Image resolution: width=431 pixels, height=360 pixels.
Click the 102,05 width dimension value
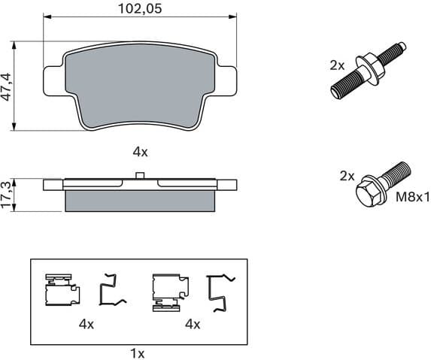pyautogui.click(x=140, y=10)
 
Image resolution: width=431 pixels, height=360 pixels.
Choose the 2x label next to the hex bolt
pyautogui.click(x=346, y=175)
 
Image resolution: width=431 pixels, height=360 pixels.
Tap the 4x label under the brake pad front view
pyautogui.click(x=140, y=151)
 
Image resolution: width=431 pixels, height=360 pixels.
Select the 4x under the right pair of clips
pyautogui.click(x=193, y=324)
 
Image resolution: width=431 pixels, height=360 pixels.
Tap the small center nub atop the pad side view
pyautogui.click(x=140, y=177)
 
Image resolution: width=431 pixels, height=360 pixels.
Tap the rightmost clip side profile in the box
pyautogui.click(x=220, y=292)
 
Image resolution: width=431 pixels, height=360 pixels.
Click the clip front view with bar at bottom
pyautogui.click(x=167, y=292)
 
